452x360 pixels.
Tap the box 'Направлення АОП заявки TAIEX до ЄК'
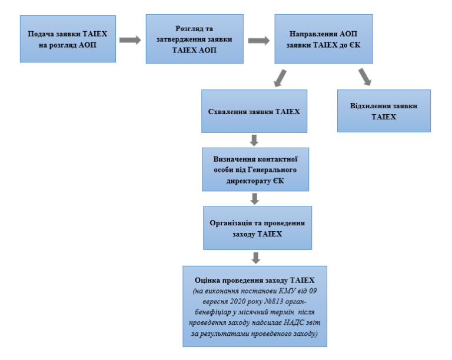323,39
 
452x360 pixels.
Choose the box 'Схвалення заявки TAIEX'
254,111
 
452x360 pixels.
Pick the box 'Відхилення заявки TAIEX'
384,111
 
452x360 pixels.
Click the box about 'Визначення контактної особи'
254,169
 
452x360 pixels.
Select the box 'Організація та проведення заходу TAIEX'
257,228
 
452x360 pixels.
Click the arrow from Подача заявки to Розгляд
130,41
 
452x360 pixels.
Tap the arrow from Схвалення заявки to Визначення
255,140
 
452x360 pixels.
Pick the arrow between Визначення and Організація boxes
255,198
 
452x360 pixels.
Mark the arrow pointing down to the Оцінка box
255,258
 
